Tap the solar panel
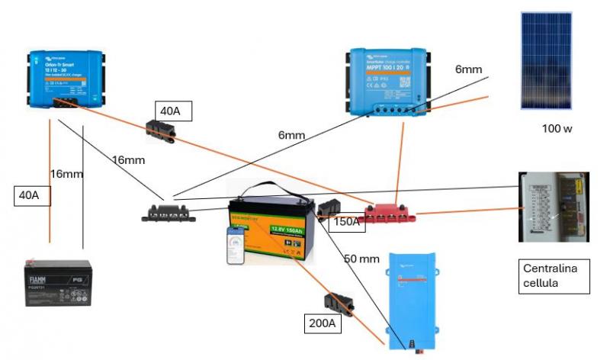(x=545, y=60)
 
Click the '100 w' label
(x=556, y=129)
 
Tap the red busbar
(x=391, y=213)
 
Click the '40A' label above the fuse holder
(x=172, y=111)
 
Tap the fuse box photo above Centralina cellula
(x=554, y=207)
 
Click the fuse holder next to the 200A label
(x=339, y=304)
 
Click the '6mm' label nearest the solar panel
(x=468, y=69)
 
